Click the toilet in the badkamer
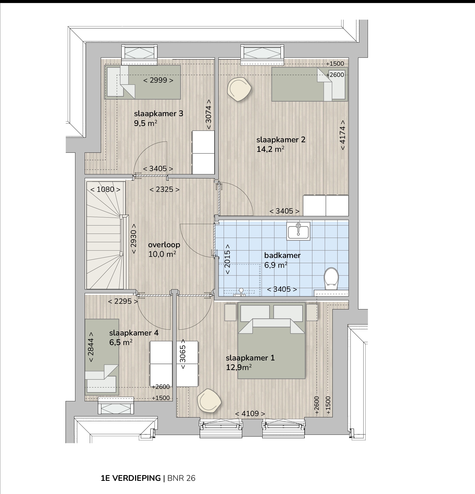click(x=331, y=279)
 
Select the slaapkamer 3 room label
click(x=159, y=114)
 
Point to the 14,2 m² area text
click(x=270, y=149)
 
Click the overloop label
click(x=164, y=245)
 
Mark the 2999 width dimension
click(x=158, y=80)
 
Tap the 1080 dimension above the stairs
click(x=105, y=190)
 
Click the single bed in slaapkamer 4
click(x=102, y=357)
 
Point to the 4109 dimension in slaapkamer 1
click(x=250, y=414)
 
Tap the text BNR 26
click(x=181, y=478)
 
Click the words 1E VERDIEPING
click(x=131, y=478)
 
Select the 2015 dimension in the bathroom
click(x=227, y=259)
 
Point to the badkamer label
click(x=282, y=255)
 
